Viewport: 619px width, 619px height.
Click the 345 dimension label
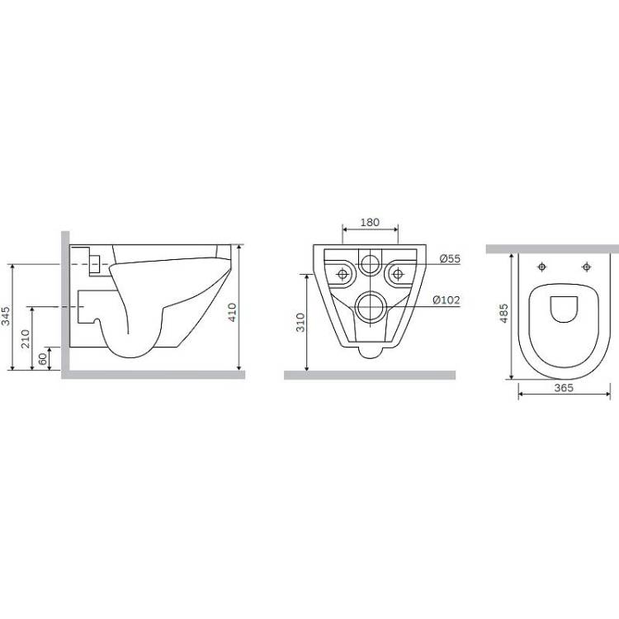(6, 316)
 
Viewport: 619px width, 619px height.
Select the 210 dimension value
(26, 338)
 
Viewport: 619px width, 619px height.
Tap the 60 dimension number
(43, 359)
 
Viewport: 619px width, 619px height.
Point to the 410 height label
(233, 312)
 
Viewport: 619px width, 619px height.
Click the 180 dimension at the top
(370, 222)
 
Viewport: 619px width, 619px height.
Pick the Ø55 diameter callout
(450, 259)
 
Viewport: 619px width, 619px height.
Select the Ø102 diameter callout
(447, 300)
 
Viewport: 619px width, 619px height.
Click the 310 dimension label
(300, 322)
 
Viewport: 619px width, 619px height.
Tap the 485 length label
(504, 314)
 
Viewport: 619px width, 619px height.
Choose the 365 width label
(564, 388)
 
